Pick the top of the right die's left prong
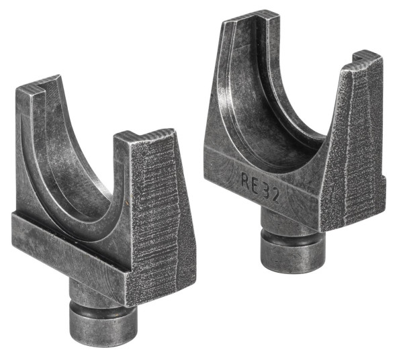(x=249, y=15)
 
